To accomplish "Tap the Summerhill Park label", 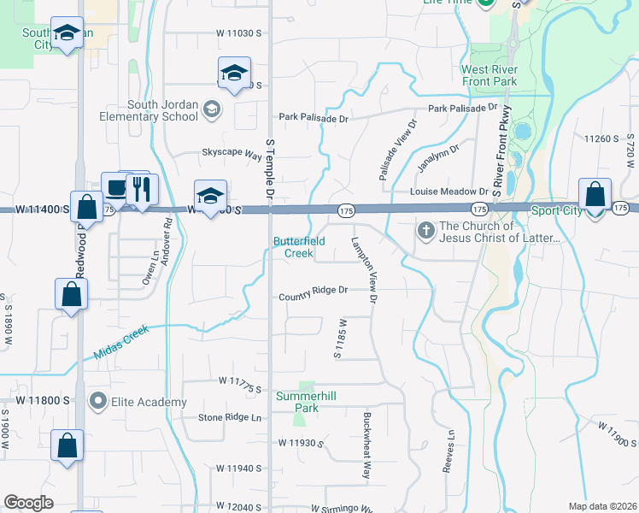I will coord(297,402).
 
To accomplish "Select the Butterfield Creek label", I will coord(299,247).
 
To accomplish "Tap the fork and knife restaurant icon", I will coord(138,189).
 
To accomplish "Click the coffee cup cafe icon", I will coord(114,187).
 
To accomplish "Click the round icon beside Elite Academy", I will coord(99,401).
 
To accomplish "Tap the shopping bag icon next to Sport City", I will coord(594,195).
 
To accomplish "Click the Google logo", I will coord(28,503).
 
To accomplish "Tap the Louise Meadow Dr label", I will coord(447,192).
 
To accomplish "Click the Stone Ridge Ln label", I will coord(230,417).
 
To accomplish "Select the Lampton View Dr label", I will coord(364,269).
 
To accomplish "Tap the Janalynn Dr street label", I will coord(440,155).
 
